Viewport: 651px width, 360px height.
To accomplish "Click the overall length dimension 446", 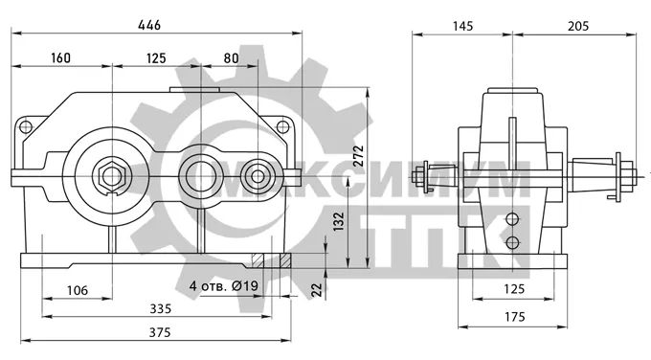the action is [x=149, y=25].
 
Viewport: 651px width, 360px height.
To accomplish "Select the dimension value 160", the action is [x=60, y=57].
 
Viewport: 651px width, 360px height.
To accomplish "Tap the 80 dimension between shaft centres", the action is [x=232, y=57].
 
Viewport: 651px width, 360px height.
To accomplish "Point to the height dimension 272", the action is [x=359, y=155].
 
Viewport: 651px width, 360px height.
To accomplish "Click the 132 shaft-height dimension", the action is [x=339, y=221].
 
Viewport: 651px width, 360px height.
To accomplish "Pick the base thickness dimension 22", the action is [x=317, y=289].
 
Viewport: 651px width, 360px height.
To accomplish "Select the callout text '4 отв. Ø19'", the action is [x=224, y=285].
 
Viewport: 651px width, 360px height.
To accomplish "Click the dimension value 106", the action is [x=78, y=290].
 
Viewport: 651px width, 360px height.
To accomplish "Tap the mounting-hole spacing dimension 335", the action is [x=160, y=308].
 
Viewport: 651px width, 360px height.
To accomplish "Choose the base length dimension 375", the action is [x=160, y=332].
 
